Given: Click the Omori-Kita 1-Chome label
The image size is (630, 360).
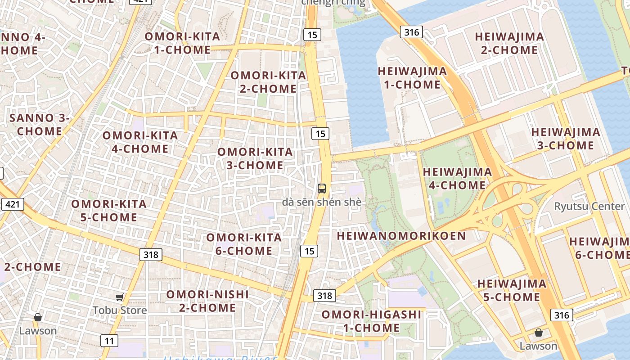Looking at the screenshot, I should [182, 43].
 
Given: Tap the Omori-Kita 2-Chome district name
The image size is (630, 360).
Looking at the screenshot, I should [268, 82].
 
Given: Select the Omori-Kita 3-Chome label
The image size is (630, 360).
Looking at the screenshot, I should [255, 159].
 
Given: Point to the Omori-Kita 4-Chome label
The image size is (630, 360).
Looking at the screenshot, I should [140, 142].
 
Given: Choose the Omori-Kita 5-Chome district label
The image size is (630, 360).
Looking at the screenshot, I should [109, 211].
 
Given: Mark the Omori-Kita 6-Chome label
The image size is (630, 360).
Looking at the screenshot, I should [244, 244].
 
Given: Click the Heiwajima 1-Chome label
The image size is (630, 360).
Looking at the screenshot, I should [412, 78].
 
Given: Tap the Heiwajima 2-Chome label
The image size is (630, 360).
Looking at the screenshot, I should [509, 43].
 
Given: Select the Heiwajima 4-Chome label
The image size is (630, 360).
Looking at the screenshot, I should [457, 179].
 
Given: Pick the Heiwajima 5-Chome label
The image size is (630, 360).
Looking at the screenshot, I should [512, 290].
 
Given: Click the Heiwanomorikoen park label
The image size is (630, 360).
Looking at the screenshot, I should [401, 236].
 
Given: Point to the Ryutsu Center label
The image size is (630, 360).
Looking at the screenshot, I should [589, 207].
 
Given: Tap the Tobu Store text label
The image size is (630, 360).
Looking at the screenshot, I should [120, 310].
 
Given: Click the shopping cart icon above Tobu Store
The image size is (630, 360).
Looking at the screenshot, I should [119, 297].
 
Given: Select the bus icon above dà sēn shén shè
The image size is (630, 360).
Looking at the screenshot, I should [321, 189].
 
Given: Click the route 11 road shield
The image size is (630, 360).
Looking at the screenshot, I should [109, 341].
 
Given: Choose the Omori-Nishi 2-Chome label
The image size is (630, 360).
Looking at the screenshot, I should [207, 301].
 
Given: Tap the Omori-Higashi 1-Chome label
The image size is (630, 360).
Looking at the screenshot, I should [371, 321].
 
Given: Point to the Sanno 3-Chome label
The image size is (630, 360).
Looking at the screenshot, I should [40, 125].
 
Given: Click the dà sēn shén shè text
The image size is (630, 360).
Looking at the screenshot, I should [321, 202].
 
